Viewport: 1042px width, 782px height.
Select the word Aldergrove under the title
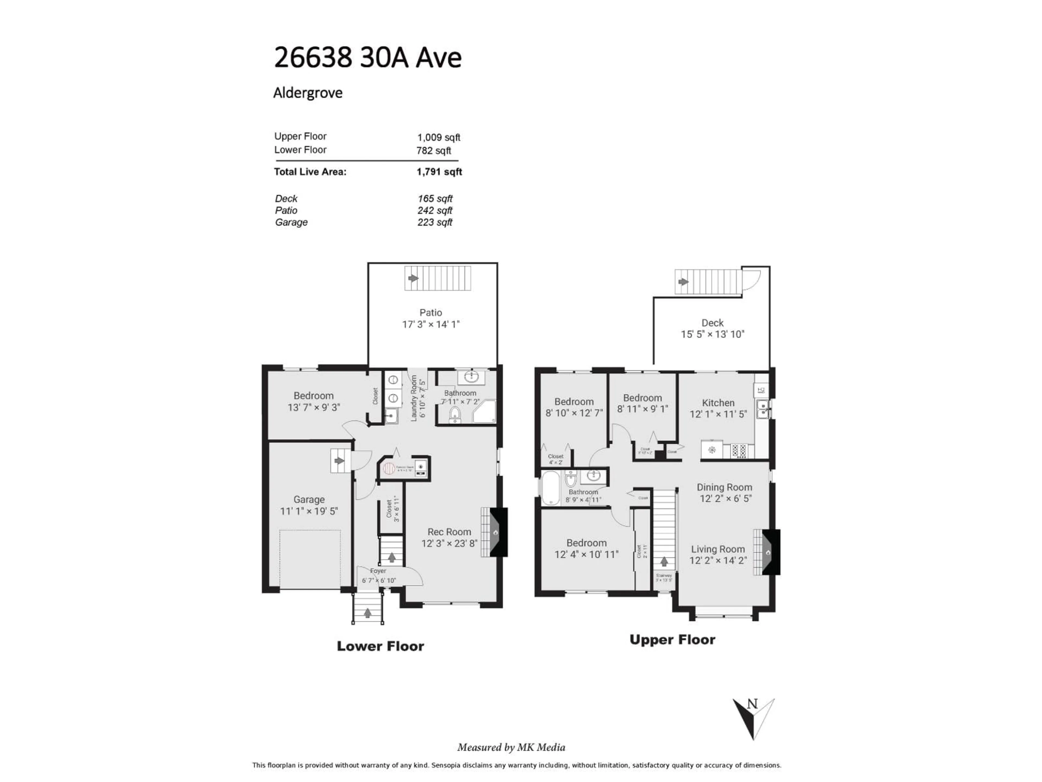308,93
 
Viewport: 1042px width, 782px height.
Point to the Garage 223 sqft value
434,222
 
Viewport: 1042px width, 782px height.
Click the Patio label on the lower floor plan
431,313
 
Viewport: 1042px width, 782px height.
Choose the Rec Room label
449,532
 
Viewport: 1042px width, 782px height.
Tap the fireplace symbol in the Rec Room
495,532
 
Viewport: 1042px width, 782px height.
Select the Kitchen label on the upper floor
718,403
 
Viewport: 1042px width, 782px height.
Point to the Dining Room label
724,487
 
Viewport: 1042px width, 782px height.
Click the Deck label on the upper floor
712,323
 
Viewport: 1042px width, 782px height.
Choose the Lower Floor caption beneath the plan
380,646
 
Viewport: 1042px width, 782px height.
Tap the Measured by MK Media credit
511,747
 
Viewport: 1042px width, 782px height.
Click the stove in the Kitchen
738,450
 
